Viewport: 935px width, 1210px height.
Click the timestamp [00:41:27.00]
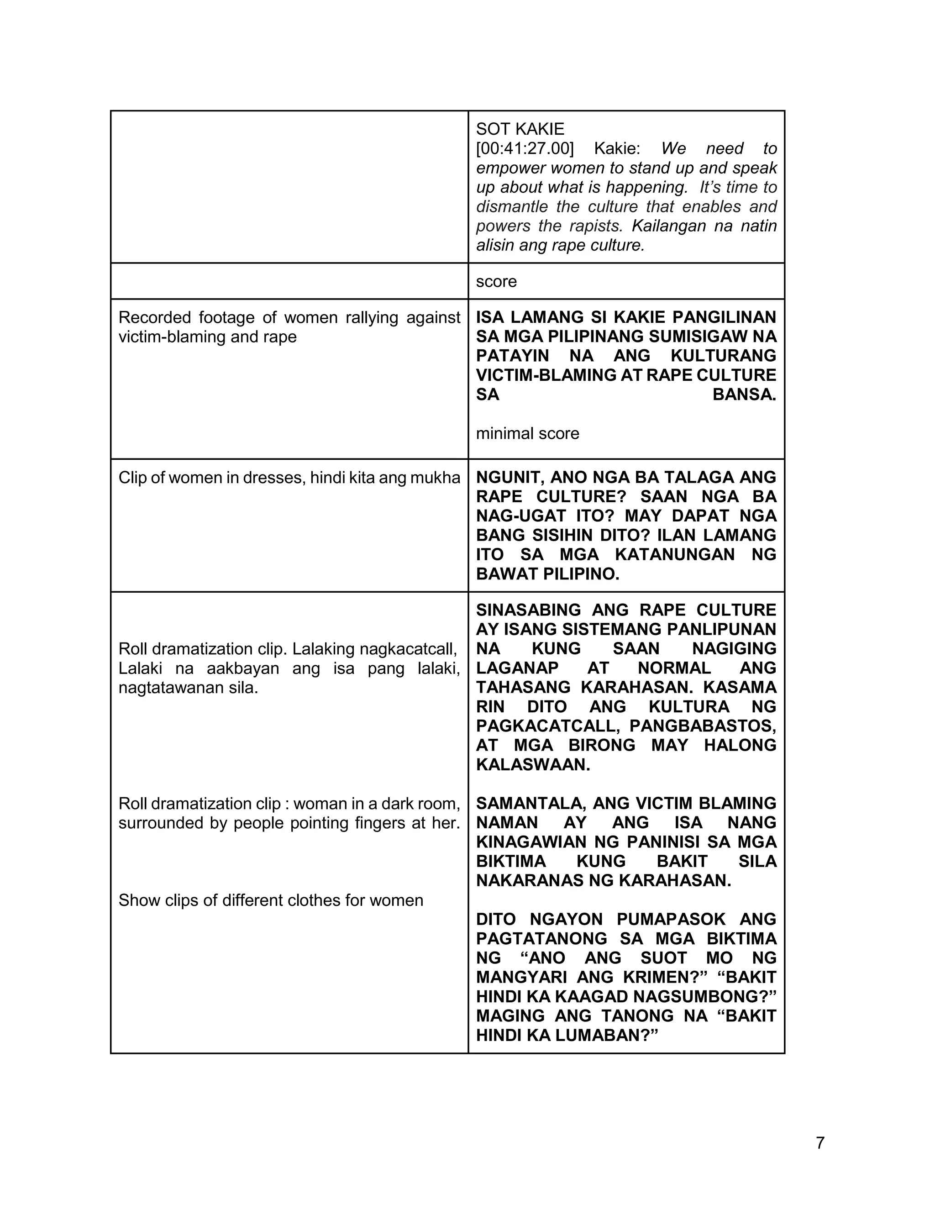[525, 148]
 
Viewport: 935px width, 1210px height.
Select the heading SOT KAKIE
[520, 129]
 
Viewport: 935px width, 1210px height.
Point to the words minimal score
[527, 433]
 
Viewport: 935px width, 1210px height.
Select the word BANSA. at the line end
[744, 395]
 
